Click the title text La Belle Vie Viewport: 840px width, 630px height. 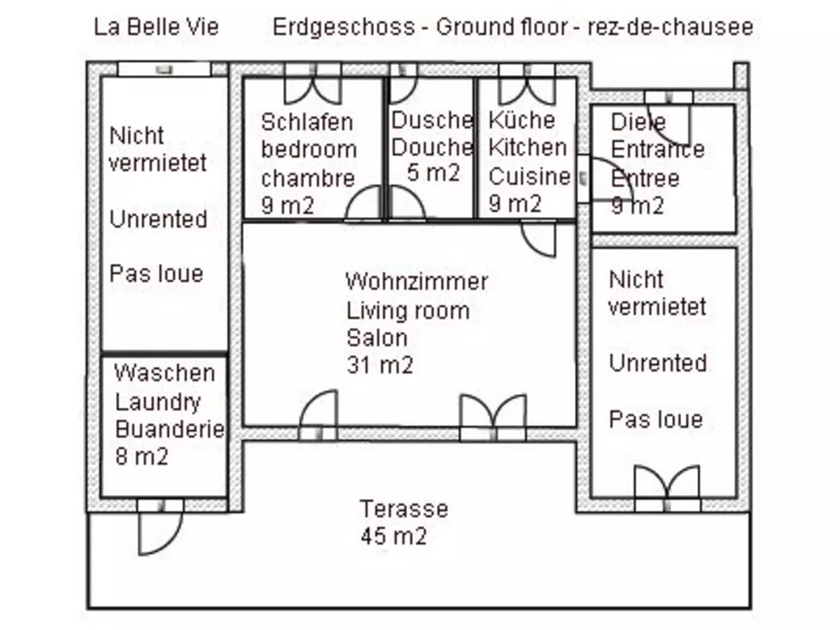click(x=157, y=27)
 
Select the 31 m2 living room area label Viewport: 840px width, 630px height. click(x=379, y=365)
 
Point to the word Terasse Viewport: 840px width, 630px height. click(x=404, y=508)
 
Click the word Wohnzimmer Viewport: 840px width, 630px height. click(x=416, y=281)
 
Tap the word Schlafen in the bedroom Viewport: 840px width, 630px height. click(x=307, y=121)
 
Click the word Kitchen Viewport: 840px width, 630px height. click(x=527, y=148)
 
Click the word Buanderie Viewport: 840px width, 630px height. click(x=170, y=428)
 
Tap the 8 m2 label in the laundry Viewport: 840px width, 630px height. click(x=142, y=456)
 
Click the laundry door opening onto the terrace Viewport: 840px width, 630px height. click(x=160, y=526)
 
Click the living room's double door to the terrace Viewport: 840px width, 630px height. click(x=493, y=419)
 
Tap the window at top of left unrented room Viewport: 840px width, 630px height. click(x=164, y=69)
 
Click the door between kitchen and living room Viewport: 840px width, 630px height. click(x=539, y=239)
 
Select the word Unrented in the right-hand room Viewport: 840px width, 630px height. click(x=657, y=363)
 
